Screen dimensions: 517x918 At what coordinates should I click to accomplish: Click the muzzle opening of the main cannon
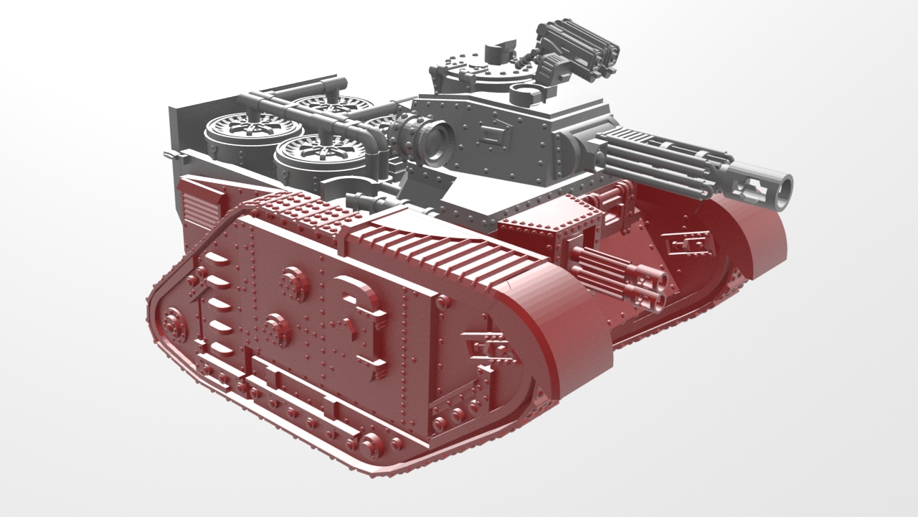point(784,187)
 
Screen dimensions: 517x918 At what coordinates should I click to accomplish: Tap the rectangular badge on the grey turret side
point(495,134)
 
